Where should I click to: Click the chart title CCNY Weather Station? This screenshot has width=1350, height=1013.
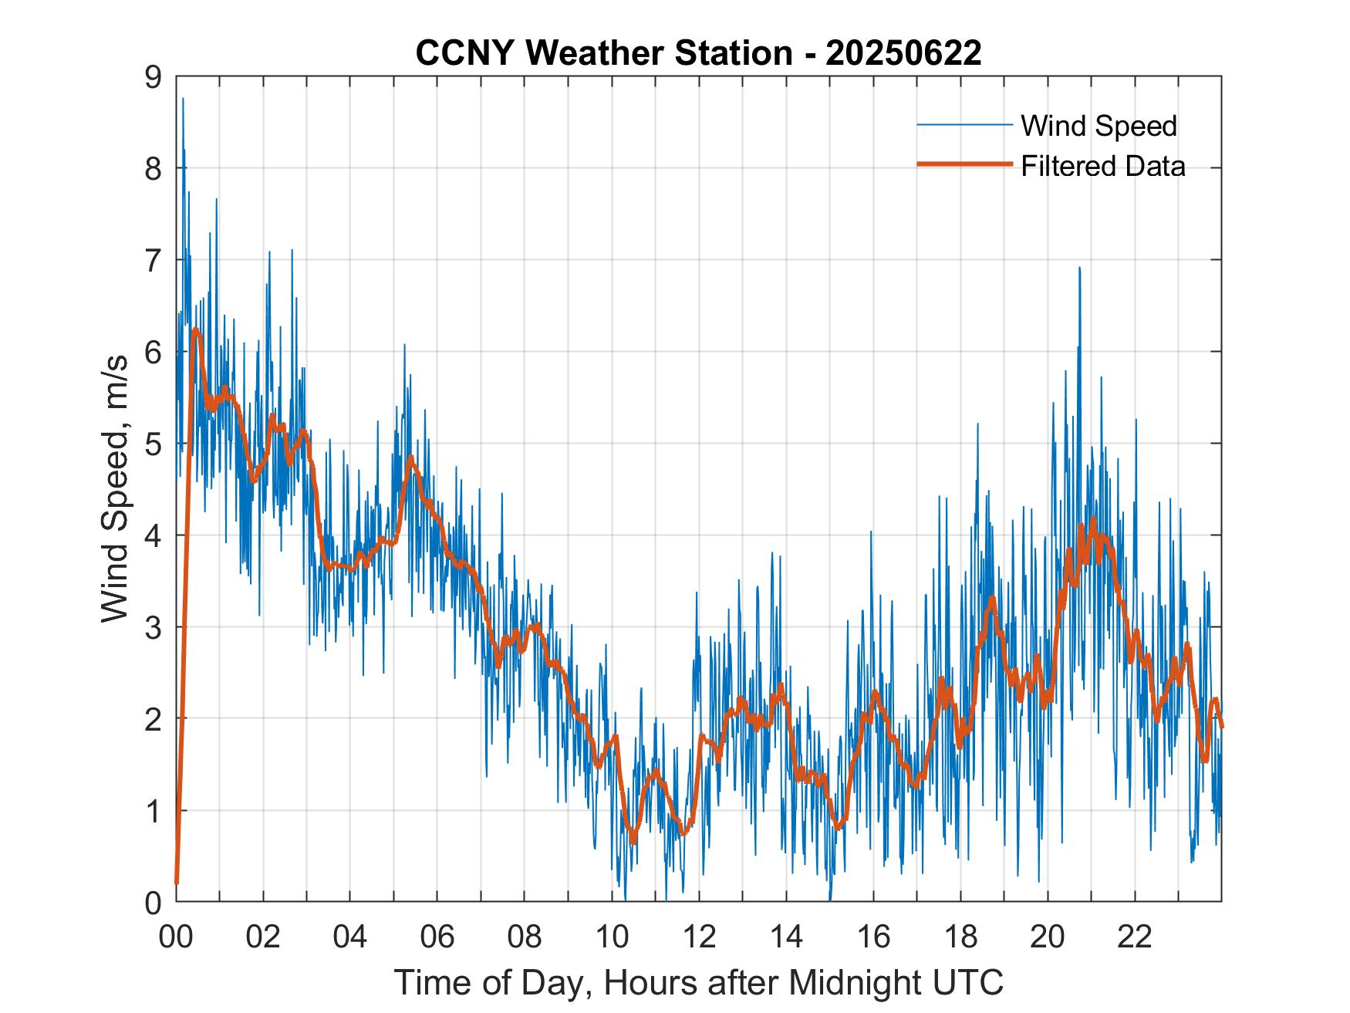[x=603, y=53]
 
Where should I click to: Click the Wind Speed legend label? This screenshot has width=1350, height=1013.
[x=1099, y=126]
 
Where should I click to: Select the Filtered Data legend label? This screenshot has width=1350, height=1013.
[x=1102, y=166]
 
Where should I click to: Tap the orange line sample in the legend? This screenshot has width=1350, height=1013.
[x=964, y=165]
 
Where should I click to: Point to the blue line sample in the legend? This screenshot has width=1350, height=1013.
[x=964, y=125]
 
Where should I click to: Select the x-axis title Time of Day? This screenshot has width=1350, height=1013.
[x=698, y=983]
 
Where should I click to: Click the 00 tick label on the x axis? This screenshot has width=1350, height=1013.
[x=176, y=937]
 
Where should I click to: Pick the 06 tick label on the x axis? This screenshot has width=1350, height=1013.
[x=437, y=937]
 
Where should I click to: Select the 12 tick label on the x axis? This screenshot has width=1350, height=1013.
[x=699, y=937]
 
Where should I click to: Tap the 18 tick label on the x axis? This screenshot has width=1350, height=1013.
[x=960, y=937]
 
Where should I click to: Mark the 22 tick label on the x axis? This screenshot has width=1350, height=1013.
[x=1135, y=937]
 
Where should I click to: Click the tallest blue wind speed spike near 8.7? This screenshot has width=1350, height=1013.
[x=183, y=100]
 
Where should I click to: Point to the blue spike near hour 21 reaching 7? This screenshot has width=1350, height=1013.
[x=1079, y=268]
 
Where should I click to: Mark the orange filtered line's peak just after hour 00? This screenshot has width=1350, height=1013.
[x=196, y=330]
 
